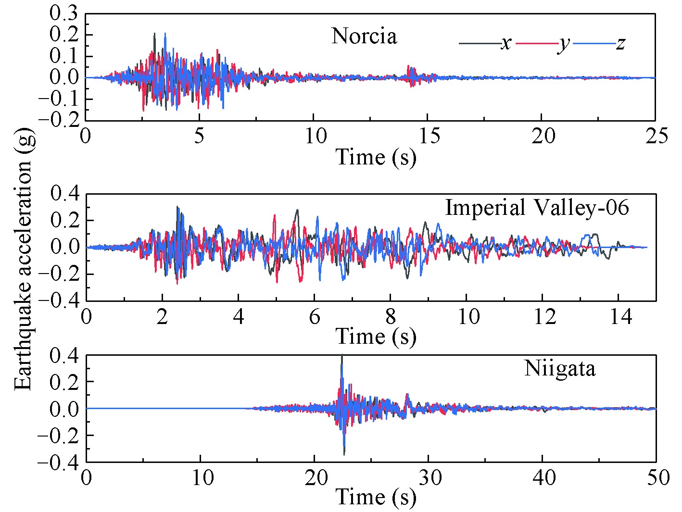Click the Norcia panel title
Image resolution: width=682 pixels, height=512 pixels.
pos(364,36)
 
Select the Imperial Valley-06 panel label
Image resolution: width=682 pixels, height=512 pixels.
pos(537,208)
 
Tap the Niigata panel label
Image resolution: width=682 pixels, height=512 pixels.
pos(559,368)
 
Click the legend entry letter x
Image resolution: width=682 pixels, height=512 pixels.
pos(505,43)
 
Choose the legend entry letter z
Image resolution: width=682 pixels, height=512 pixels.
pos(620,43)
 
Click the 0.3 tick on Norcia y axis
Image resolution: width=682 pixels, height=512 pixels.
pos(64,13)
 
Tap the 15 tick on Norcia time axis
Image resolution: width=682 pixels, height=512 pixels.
pos(428,137)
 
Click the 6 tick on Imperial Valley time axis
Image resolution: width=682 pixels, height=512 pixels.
pos(315,317)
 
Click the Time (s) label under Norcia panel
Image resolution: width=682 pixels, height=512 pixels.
pos(375,157)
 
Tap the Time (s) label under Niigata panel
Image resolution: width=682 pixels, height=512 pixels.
pos(375,497)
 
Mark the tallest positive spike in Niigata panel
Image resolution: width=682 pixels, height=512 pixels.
pos(341,356)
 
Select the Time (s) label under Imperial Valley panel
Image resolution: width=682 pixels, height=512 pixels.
pos(375,336)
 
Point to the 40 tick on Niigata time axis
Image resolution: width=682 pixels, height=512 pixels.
pos(543,478)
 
